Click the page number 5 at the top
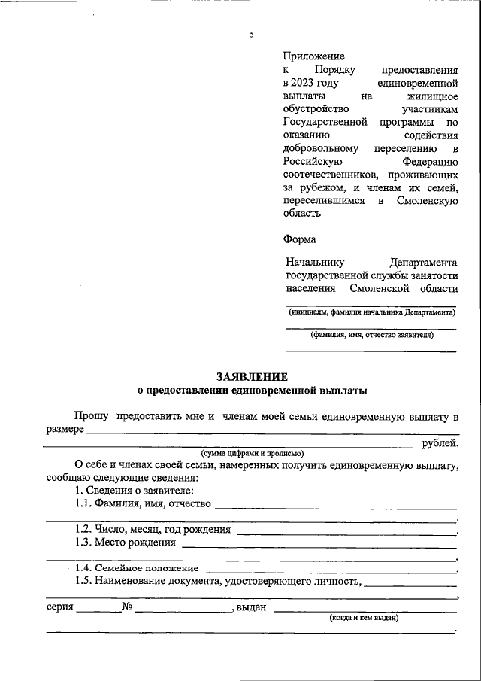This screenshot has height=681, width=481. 252,35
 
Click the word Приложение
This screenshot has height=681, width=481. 314,56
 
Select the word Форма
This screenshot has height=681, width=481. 300,239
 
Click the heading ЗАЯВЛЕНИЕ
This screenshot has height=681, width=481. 252,376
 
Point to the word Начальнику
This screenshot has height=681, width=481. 315,263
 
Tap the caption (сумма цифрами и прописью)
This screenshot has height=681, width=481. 252,453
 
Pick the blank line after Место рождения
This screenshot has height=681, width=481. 319,544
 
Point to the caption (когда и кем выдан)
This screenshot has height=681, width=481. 364,618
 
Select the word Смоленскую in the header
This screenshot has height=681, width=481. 426,200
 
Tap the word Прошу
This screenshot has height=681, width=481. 91,416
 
